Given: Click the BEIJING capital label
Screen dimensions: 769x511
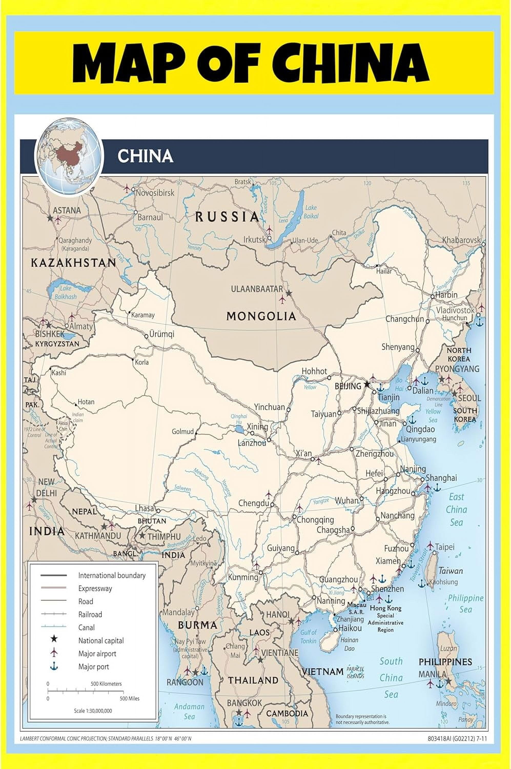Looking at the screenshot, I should coord(348,386).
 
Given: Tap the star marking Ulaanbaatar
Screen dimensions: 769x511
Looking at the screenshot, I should coord(289,294).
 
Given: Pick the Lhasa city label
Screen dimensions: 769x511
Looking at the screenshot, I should coord(144,508).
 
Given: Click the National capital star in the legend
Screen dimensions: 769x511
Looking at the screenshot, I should coord(54,640).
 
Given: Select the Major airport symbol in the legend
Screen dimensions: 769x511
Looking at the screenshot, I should coord(54,653).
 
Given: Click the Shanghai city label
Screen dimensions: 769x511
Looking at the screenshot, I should coord(441,478).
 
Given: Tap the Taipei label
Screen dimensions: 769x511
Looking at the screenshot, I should coord(445,547).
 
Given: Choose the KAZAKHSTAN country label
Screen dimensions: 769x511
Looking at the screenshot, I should coord(73,263).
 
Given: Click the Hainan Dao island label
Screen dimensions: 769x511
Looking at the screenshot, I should coord(349,644).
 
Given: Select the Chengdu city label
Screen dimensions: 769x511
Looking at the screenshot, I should coord(254,503).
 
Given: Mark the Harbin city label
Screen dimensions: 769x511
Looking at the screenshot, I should coord(446,295).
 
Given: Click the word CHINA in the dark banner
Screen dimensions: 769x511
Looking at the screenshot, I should coord(145,156).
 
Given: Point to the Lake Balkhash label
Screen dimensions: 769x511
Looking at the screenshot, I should coord(66,292).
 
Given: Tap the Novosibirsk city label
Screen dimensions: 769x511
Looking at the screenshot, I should coord(155,193).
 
